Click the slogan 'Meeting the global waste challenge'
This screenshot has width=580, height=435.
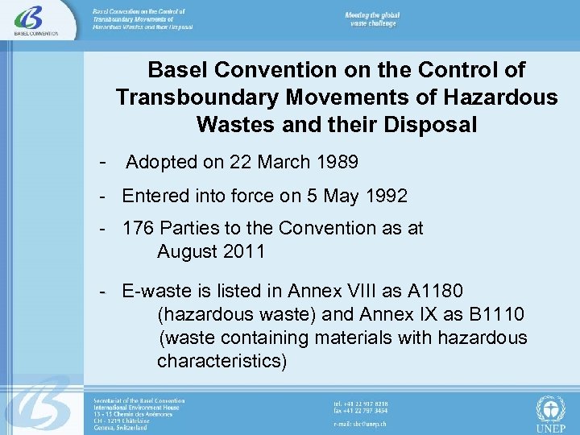(x=372, y=19)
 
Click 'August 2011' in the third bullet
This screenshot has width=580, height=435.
(x=211, y=251)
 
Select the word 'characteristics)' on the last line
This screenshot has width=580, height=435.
(x=222, y=361)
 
